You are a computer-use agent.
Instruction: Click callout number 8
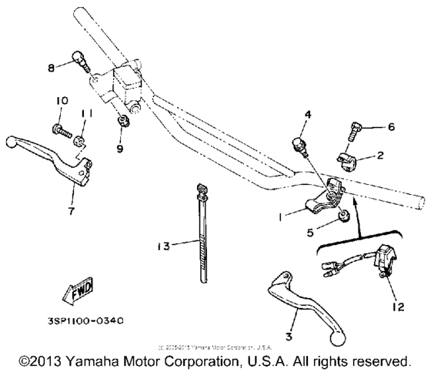(x=52, y=68)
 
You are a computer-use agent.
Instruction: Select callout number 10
(x=62, y=101)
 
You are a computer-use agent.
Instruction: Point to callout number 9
(x=120, y=149)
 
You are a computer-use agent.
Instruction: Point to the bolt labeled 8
(x=79, y=59)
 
